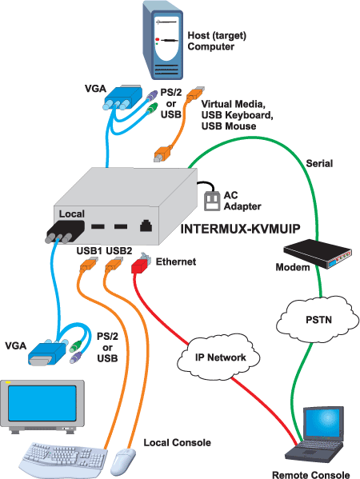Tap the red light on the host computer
coord(158,39)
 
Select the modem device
coord(318,253)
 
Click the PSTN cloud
coord(318,320)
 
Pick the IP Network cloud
coord(219,357)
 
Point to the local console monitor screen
coord(42,402)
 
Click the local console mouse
coord(125,461)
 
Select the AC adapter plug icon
coord(212,201)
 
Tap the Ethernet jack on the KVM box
coord(146,226)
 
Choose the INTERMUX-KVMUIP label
coord(241,229)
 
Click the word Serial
coord(319,163)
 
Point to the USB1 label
coord(89,251)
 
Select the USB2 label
coord(119,251)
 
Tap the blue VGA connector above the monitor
coord(48,352)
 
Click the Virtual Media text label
coord(233,104)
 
